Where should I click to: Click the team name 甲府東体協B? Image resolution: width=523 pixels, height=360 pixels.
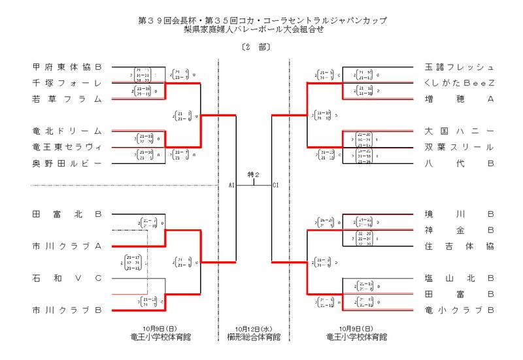coord(67,67)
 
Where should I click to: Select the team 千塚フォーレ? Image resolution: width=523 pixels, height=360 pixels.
coord(67,83)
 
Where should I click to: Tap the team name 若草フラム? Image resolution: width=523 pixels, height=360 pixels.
coord(67,99)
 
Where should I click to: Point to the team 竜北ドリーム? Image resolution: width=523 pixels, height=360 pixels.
coord(67,131)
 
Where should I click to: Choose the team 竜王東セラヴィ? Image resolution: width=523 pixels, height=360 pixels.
coord(67,147)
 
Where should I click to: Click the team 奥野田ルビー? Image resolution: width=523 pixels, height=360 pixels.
coord(67,163)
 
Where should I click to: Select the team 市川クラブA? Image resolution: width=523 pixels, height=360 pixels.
coord(67,246)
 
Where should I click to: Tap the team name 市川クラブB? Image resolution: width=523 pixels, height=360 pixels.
coord(67,310)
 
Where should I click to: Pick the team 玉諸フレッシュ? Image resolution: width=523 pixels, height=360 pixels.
coord(459,67)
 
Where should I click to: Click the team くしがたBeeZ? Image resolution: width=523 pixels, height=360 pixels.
coord(459,83)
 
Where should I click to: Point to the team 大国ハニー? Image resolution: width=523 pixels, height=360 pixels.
coord(459,131)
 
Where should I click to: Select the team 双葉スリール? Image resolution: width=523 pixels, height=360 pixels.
coord(459,147)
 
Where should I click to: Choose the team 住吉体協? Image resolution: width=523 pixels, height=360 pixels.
coord(459,246)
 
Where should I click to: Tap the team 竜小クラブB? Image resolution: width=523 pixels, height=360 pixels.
coord(459,310)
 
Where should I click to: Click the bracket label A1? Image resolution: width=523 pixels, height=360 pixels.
coord(231,186)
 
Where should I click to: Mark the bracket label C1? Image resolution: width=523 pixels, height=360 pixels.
coord(276,186)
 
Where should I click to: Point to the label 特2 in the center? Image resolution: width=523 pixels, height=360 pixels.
coord(254,174)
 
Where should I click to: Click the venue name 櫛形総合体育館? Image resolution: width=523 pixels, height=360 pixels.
coord(254,337)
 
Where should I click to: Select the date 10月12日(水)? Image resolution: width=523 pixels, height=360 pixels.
coord(254,329)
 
